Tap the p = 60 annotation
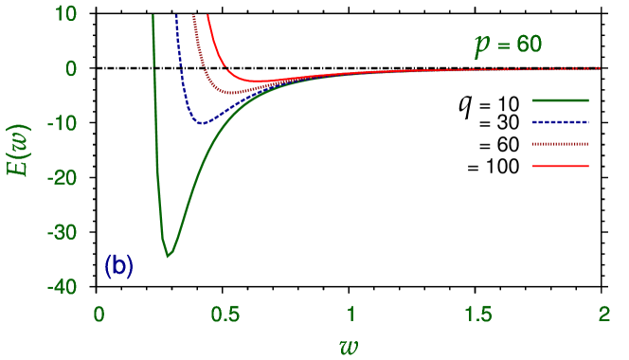tap(508, 45)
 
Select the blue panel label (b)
tap(118, 266)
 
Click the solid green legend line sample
tap(561, 99)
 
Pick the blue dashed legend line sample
tap(561, 122)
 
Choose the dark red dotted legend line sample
tap(561, 144)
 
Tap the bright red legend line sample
tap(561, 167)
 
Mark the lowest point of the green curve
tap(168, 256)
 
